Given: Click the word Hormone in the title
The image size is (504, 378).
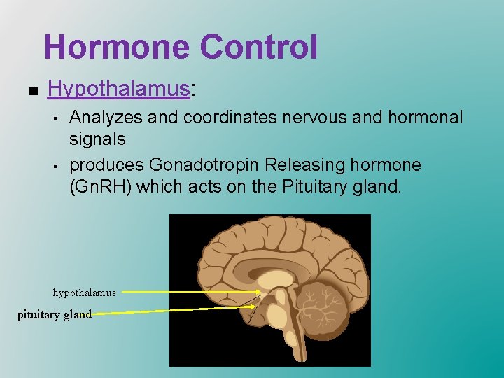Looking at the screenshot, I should pyautogui.click(x=116, y=47).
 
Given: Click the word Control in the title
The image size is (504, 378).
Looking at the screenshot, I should pyautogui.click(x=258, y=47).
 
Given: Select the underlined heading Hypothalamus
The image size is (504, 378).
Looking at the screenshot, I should pyautogui.click(x=118, y=89).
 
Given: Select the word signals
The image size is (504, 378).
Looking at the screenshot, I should pyautogui.click(x=97, y=139).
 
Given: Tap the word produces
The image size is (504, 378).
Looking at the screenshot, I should pyautogui.click(x=106, y=165).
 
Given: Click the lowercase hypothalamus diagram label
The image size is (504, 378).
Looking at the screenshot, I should pyautogui.click(x=84, y=293).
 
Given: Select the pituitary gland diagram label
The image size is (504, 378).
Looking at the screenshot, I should pyautogui.click(x=55, y=314).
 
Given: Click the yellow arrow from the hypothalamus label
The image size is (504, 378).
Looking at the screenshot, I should pyautogui.click(x=189, y=292).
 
